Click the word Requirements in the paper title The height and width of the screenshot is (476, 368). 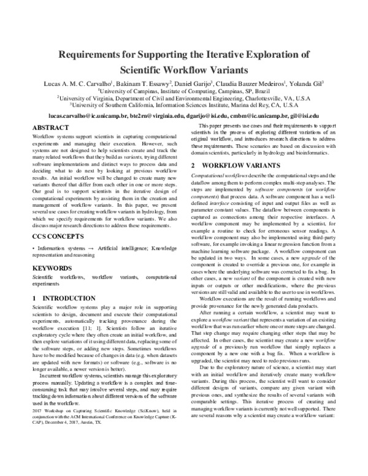(98, 53)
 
